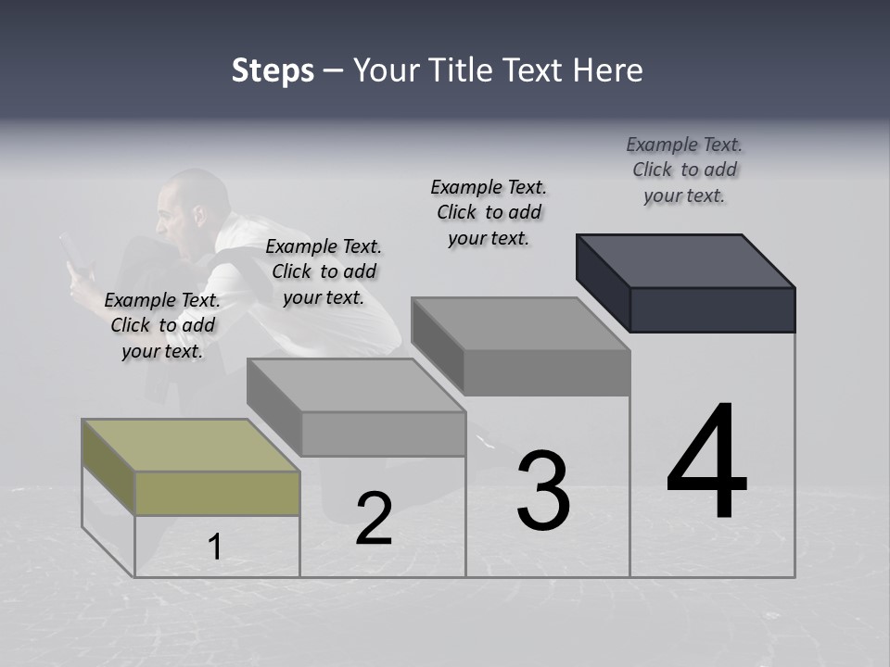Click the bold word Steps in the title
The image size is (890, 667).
tap(273, 70)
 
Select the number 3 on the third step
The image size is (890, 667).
tap(543, 491)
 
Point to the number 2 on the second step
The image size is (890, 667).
tap(374, 519)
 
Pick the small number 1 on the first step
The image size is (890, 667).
tap(215, 547)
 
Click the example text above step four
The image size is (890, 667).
tap(684, 170)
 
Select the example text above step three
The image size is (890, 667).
tap(489, 212)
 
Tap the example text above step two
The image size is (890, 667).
tap(324, 271)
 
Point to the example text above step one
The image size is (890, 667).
tap(162, 325)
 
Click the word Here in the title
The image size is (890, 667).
tap(608, 70)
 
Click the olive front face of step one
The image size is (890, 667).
tap(217, 493)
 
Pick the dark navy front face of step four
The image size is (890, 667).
tap(712, 309)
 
